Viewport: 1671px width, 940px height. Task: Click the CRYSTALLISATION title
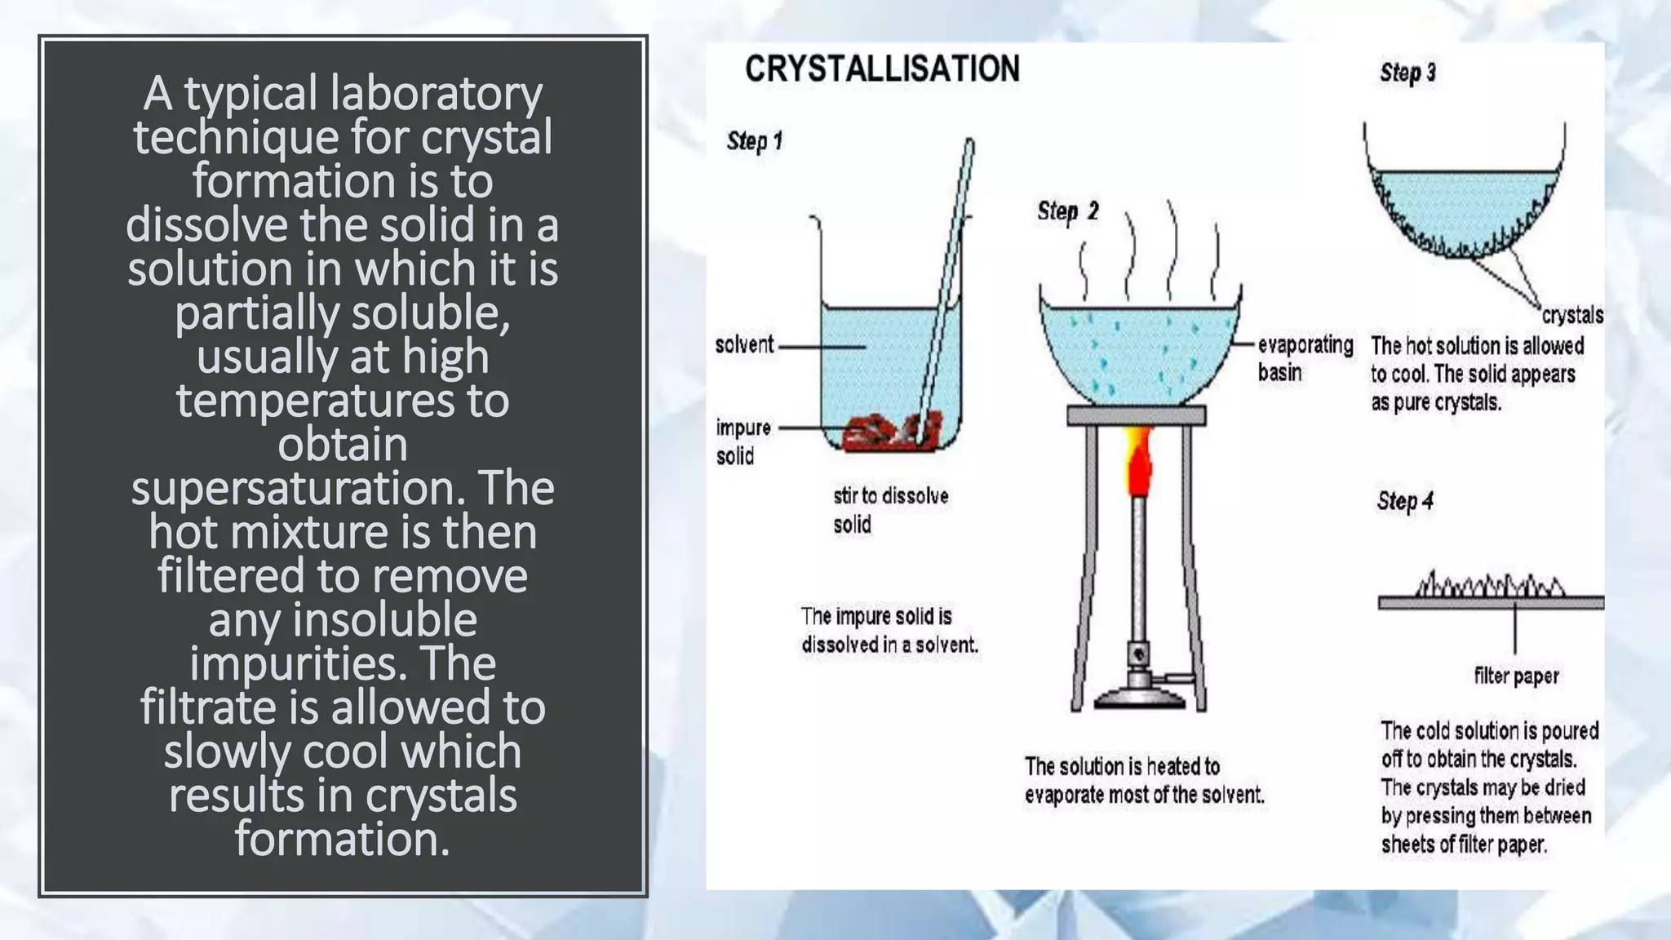[x=882, y=69]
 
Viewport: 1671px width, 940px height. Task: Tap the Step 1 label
[x=755, y=141]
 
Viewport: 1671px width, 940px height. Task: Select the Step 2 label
[x=1067, y=212]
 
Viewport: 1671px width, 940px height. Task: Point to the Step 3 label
[x=1407, y=73]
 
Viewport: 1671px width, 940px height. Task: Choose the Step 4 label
[x=1405, y=501]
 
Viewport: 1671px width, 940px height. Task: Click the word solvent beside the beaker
[x=744, y=345]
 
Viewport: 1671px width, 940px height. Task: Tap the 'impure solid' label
[x=742, y=441]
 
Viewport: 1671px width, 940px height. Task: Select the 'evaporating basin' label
[x=1304, y=358]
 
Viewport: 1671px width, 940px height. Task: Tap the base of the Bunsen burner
[x=1139, y=696]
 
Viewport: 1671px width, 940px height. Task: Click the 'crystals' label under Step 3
[x=1571, y=315]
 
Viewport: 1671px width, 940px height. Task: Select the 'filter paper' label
[x=1516, y=676]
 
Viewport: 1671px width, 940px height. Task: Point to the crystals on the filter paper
[x=1490, y=584]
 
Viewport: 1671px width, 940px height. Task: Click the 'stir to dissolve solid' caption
[x=890, y=510]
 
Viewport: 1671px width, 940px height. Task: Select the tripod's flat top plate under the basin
[x=1136, y=416]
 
